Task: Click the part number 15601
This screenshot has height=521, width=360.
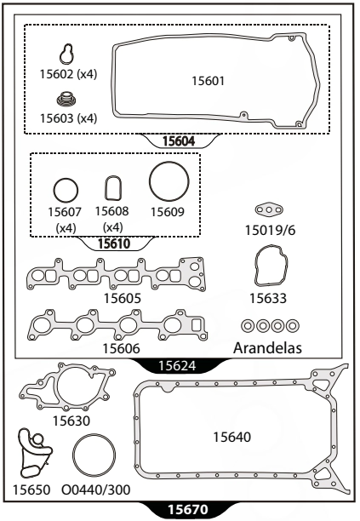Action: (208, 81)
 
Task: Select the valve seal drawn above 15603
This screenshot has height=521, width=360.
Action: (67, 100)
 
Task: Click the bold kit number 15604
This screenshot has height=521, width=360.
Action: (179, 141)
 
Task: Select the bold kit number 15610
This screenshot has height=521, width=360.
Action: (114, 243)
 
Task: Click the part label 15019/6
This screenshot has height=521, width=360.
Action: (270, 230)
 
